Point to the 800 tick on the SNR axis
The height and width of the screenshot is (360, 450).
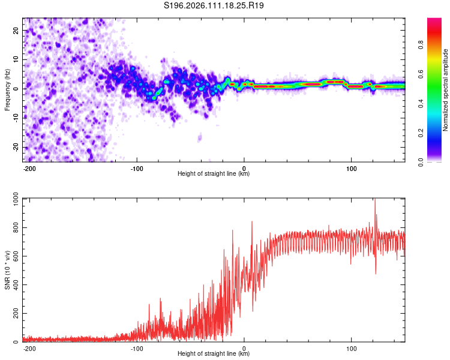coord(14,228)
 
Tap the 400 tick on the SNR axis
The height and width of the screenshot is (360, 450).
coord(14,285)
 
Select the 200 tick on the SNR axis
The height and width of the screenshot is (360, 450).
coord(14,314)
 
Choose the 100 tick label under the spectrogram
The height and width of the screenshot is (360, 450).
coord(351,167)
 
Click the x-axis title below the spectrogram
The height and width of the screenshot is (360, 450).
coord(214,174)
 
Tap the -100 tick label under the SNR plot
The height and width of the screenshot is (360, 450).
coord(137,347)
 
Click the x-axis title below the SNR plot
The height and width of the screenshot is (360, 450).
coord(214,354)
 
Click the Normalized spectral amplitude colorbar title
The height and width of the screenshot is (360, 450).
coord(446,90)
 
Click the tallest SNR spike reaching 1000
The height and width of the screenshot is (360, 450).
coord(375,202)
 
